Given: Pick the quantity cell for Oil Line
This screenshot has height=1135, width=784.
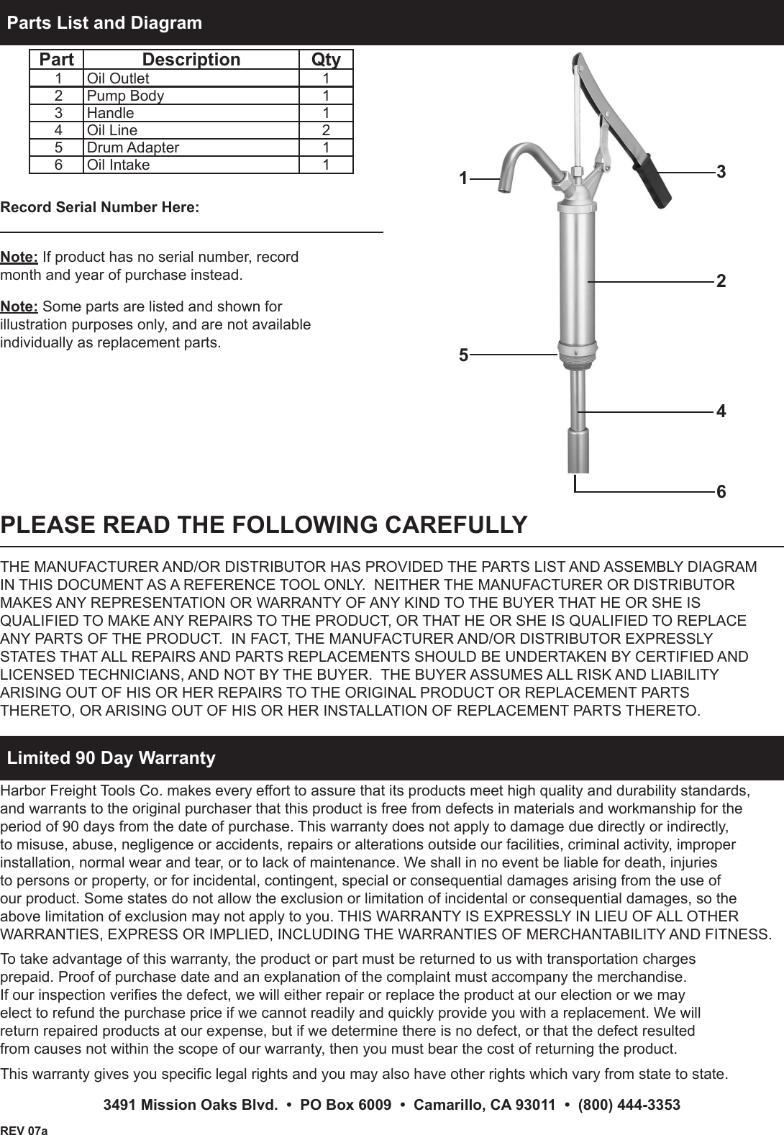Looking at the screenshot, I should pos(326,130).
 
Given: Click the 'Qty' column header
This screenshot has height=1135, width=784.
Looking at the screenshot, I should pos(326,60).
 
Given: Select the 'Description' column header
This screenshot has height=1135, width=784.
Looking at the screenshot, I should pos(191,60).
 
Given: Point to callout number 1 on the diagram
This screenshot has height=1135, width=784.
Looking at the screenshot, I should pos(464,178).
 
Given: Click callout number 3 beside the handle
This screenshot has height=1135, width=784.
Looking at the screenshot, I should pos(721,172).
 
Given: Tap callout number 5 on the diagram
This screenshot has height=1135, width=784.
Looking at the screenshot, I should pos(464,355).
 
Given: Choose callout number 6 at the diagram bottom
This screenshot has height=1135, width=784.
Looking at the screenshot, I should pos(721,492).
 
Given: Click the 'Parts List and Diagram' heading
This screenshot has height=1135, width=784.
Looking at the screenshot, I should pos(105,23).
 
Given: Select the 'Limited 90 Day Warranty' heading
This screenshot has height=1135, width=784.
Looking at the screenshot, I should pos(111,757).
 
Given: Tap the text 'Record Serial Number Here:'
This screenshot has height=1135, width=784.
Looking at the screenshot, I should pos(100,208).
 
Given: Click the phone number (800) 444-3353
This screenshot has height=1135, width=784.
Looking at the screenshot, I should pos(629,1105).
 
